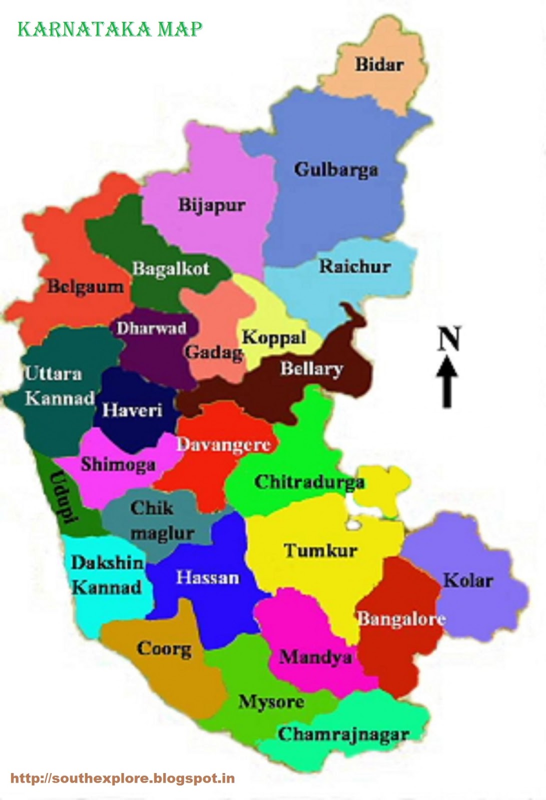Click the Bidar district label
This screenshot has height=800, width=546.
tap(379, 64)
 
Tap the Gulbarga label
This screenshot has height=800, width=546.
tap(336, 170)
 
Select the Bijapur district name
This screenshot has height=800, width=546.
tap(212, 205)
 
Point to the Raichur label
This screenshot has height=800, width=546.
tap(355, 266)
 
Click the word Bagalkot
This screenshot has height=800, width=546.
tap(171, 269)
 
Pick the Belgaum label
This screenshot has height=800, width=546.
tap(85, 287)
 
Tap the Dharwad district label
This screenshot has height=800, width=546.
tap(151, 328)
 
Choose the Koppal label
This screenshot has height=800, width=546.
tap(274, 337)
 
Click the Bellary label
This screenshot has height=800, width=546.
tap(311, 369)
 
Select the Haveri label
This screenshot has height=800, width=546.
tap(132, 410)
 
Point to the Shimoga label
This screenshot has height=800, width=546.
tap(118, 464)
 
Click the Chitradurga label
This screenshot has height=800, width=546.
tap(309, 482)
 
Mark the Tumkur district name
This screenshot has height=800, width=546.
tap(321, 550)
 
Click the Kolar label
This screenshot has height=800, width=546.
tap(468, 580)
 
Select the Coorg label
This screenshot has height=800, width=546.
tap(164, 649)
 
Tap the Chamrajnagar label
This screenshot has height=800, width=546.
tap(343, 734)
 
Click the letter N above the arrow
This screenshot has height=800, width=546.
tap(448, 338)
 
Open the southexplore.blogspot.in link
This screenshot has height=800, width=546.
tap(123, 778)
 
